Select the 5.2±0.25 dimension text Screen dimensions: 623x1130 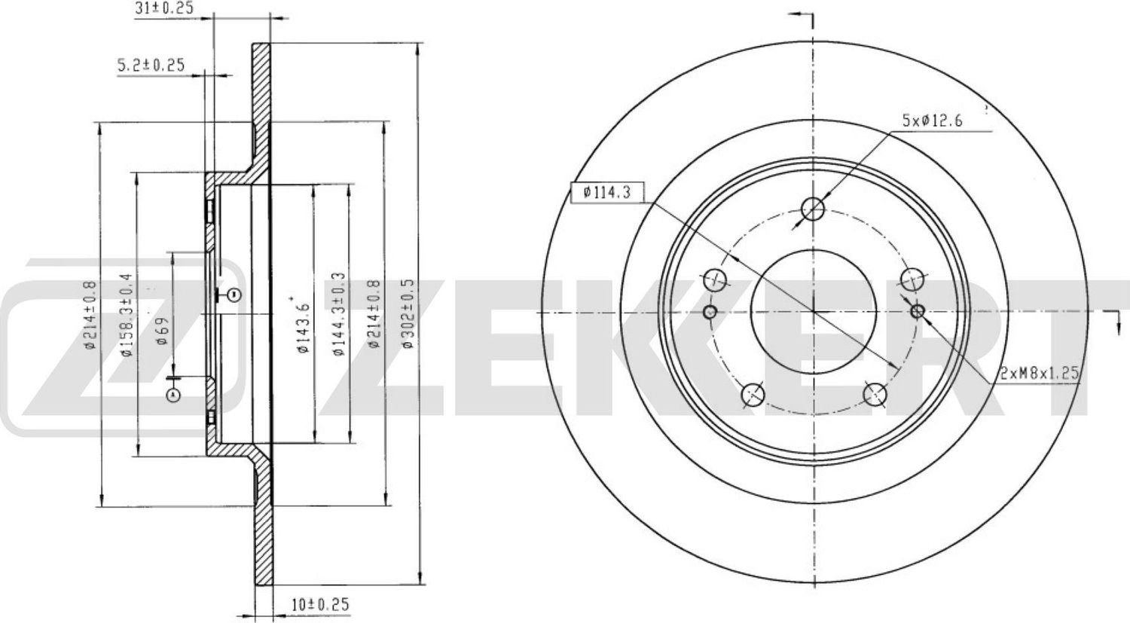151,66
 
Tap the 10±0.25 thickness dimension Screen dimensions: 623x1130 319,604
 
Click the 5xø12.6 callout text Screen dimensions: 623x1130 933,120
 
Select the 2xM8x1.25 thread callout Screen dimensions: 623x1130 1041,372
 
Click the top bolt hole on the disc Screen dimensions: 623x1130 814,209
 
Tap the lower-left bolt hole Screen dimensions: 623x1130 753,394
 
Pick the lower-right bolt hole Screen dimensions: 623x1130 875,394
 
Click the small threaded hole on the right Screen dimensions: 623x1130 918,311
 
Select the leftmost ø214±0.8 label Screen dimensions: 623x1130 90,314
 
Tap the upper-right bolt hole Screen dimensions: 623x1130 913,278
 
